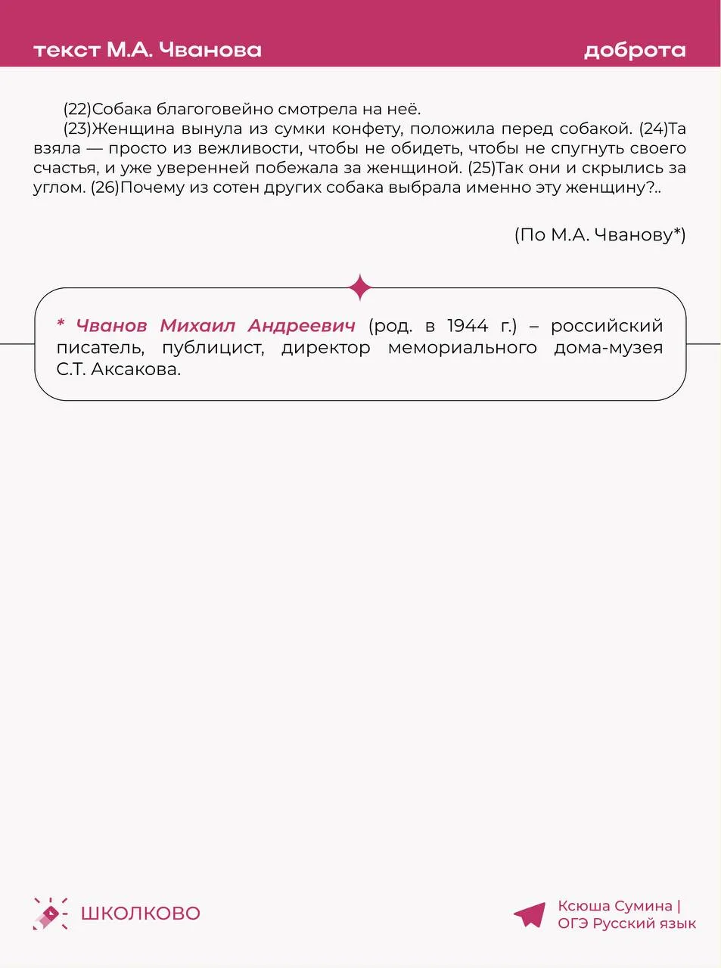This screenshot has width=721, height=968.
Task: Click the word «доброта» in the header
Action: pos(635,51)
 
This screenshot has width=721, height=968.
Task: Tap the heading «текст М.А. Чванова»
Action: pos(148,51)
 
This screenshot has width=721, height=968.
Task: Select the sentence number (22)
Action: pos(77,109)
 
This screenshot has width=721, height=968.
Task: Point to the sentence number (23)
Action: pos(77,129)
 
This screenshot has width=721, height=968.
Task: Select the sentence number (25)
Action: pos(481,168)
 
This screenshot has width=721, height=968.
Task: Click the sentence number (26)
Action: pos(104,188)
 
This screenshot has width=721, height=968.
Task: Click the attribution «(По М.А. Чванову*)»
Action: pos(600,234)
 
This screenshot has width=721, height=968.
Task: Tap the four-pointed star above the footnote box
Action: pos(361,287)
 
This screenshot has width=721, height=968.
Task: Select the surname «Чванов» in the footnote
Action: pos(111,326)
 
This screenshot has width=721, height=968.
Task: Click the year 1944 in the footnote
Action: pos(468,326)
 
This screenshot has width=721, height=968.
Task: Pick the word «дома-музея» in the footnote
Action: pos(608,348)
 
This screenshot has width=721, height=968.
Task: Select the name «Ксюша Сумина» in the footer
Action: pos(614,906)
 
